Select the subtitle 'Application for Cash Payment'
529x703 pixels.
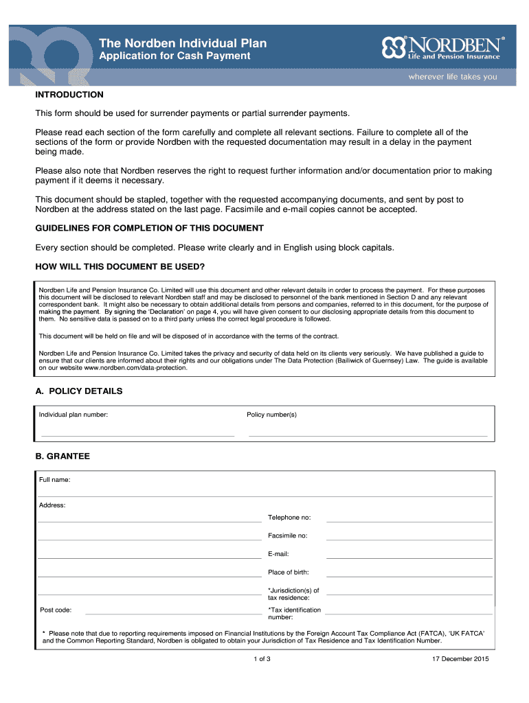point(175,56)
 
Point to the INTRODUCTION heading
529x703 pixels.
point(69,95)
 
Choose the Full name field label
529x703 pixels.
point(54,479)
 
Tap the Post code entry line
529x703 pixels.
point(172,611)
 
